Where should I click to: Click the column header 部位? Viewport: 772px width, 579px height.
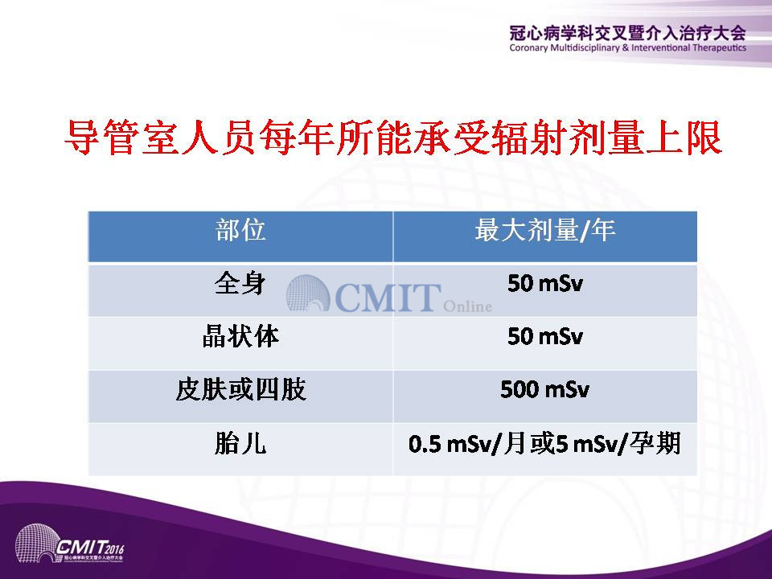tap(240, 231)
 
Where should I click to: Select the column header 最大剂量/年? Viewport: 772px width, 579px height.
tap(545, 231)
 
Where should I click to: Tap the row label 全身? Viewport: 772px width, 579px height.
tap(240, 284)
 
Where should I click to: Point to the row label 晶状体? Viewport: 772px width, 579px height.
tap(240, 336)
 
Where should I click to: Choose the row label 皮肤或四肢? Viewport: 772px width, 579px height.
tap(240, 389)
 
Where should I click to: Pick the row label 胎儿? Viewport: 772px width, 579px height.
tap(240, 442)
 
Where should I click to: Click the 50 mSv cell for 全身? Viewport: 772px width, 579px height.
tap(545, 284)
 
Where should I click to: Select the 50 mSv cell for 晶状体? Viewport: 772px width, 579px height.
tap(545, 337)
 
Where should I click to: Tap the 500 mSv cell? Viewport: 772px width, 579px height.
tap(545, 389)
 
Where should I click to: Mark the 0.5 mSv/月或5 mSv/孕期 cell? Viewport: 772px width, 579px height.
tap(545, 443)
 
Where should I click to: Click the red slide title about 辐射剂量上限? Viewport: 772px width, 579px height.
tap(393, 138)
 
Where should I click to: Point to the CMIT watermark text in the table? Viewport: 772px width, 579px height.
tap(388, 297)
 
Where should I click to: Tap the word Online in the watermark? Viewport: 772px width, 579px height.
tap(467, 306)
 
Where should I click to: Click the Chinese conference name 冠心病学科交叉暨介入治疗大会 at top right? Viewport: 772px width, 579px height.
tap(628, 34)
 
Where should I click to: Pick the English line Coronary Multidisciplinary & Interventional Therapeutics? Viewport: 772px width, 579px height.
tap(628, 47)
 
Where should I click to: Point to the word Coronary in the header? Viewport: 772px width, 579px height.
tap(529, 48)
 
